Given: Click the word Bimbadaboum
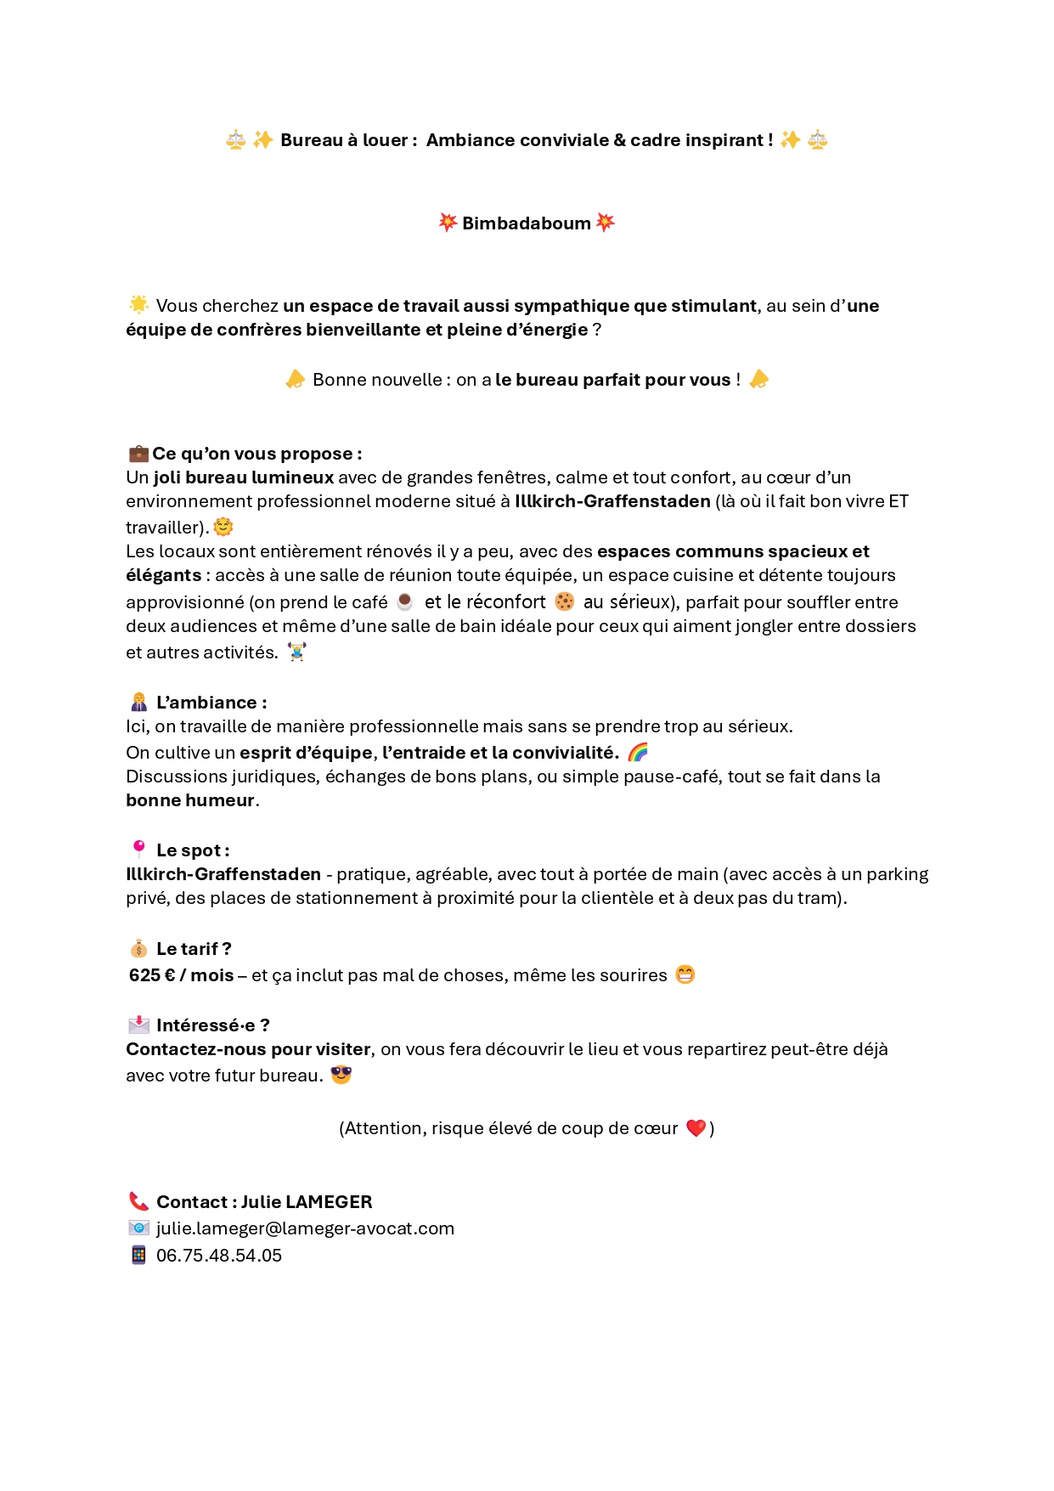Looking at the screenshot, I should click(x=526, y=223).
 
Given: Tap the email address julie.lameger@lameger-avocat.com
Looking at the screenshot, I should click(x=305, y=1228).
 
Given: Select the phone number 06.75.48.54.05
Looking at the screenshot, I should click(x=219, y=1256).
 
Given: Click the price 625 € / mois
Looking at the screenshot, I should click(x=181, y=975).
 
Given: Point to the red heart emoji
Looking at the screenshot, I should click(x=696, y=1128).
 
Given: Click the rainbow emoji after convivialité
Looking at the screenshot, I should click(x=638, y=752).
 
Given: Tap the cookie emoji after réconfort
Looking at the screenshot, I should click(x=564, y=601).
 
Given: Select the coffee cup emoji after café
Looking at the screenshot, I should click(x=405, y=601).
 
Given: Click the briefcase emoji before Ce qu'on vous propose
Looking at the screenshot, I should click(x=138, y=454).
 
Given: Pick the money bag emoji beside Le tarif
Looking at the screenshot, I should click(x=138, y=949).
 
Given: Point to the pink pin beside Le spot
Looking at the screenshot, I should click(x=138, y=849).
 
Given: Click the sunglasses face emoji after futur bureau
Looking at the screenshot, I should click(x=341, y=1075).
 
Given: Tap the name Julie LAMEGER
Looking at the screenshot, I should click(x=307, y=1202).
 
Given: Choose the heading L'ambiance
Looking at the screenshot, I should click(x=211, y=703).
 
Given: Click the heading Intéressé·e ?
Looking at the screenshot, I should click(x=212, y=1025).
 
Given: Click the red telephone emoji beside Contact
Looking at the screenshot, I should click(x=138, y=1201).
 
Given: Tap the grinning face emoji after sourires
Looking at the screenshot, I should click(x=685, y=974).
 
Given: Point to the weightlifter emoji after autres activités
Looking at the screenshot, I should click(x=296, y=652).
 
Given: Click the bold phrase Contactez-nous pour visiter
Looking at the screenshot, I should click(x=248, y=1049).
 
